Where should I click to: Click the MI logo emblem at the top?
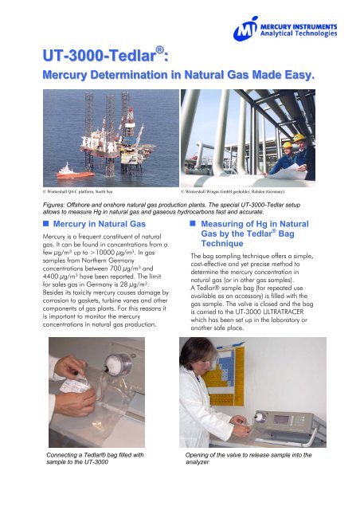pos(248,30)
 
